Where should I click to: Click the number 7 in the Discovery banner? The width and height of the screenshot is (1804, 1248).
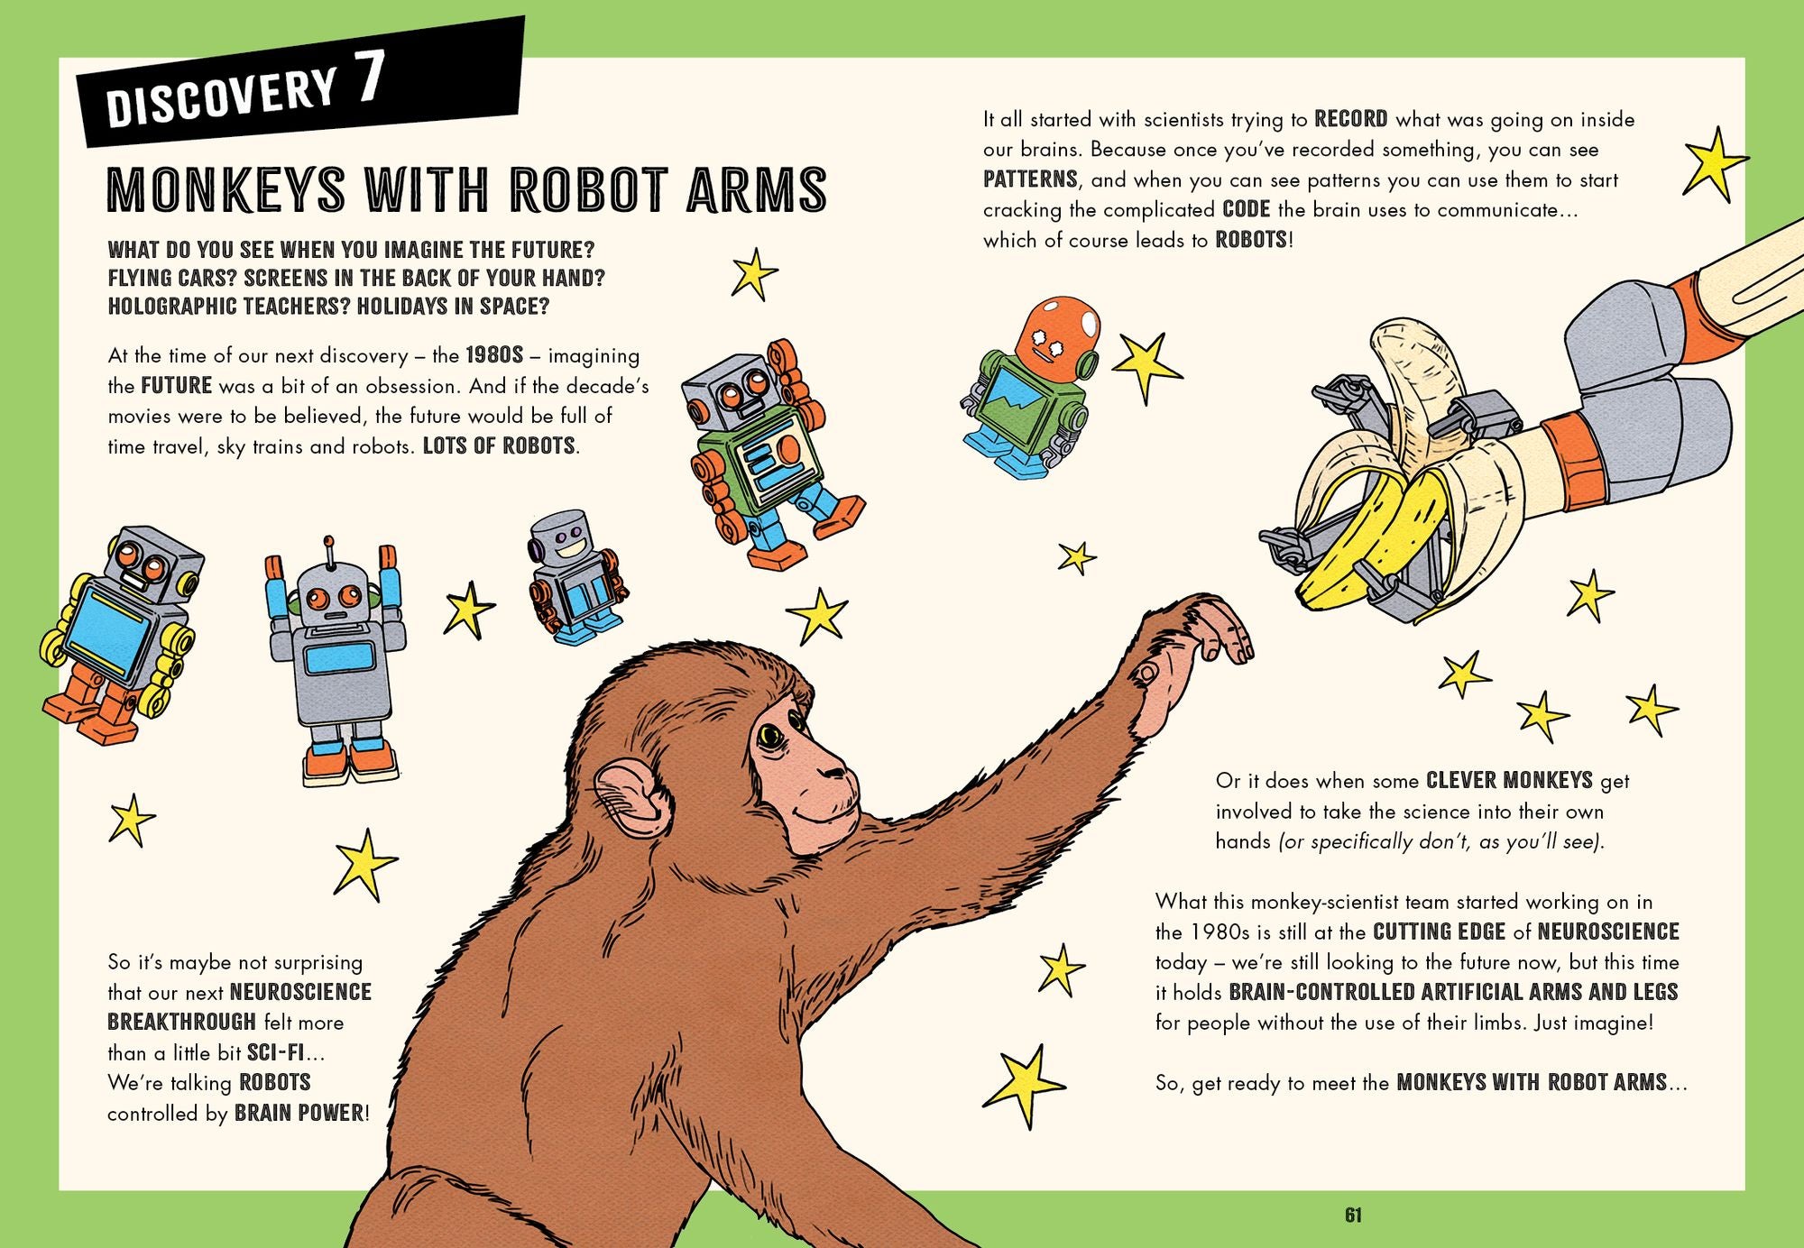[x=370, y=77]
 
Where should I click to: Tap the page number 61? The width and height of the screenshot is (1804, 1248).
[x=1353, y=1216]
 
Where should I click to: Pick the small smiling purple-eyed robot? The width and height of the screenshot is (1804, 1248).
[x=575, y=577]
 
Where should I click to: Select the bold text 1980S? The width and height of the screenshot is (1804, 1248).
[x=494, y=354]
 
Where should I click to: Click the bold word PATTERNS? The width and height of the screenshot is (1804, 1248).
[x=1030, y=179]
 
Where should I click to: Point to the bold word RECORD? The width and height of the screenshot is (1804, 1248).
[x=1350, y=119]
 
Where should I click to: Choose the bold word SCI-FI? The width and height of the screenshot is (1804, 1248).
[x=275, y=1051]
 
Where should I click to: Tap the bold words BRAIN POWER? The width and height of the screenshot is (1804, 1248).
[x=299, y=1113]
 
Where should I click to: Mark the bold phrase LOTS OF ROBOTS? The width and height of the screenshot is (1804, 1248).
[x=499, y=445]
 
